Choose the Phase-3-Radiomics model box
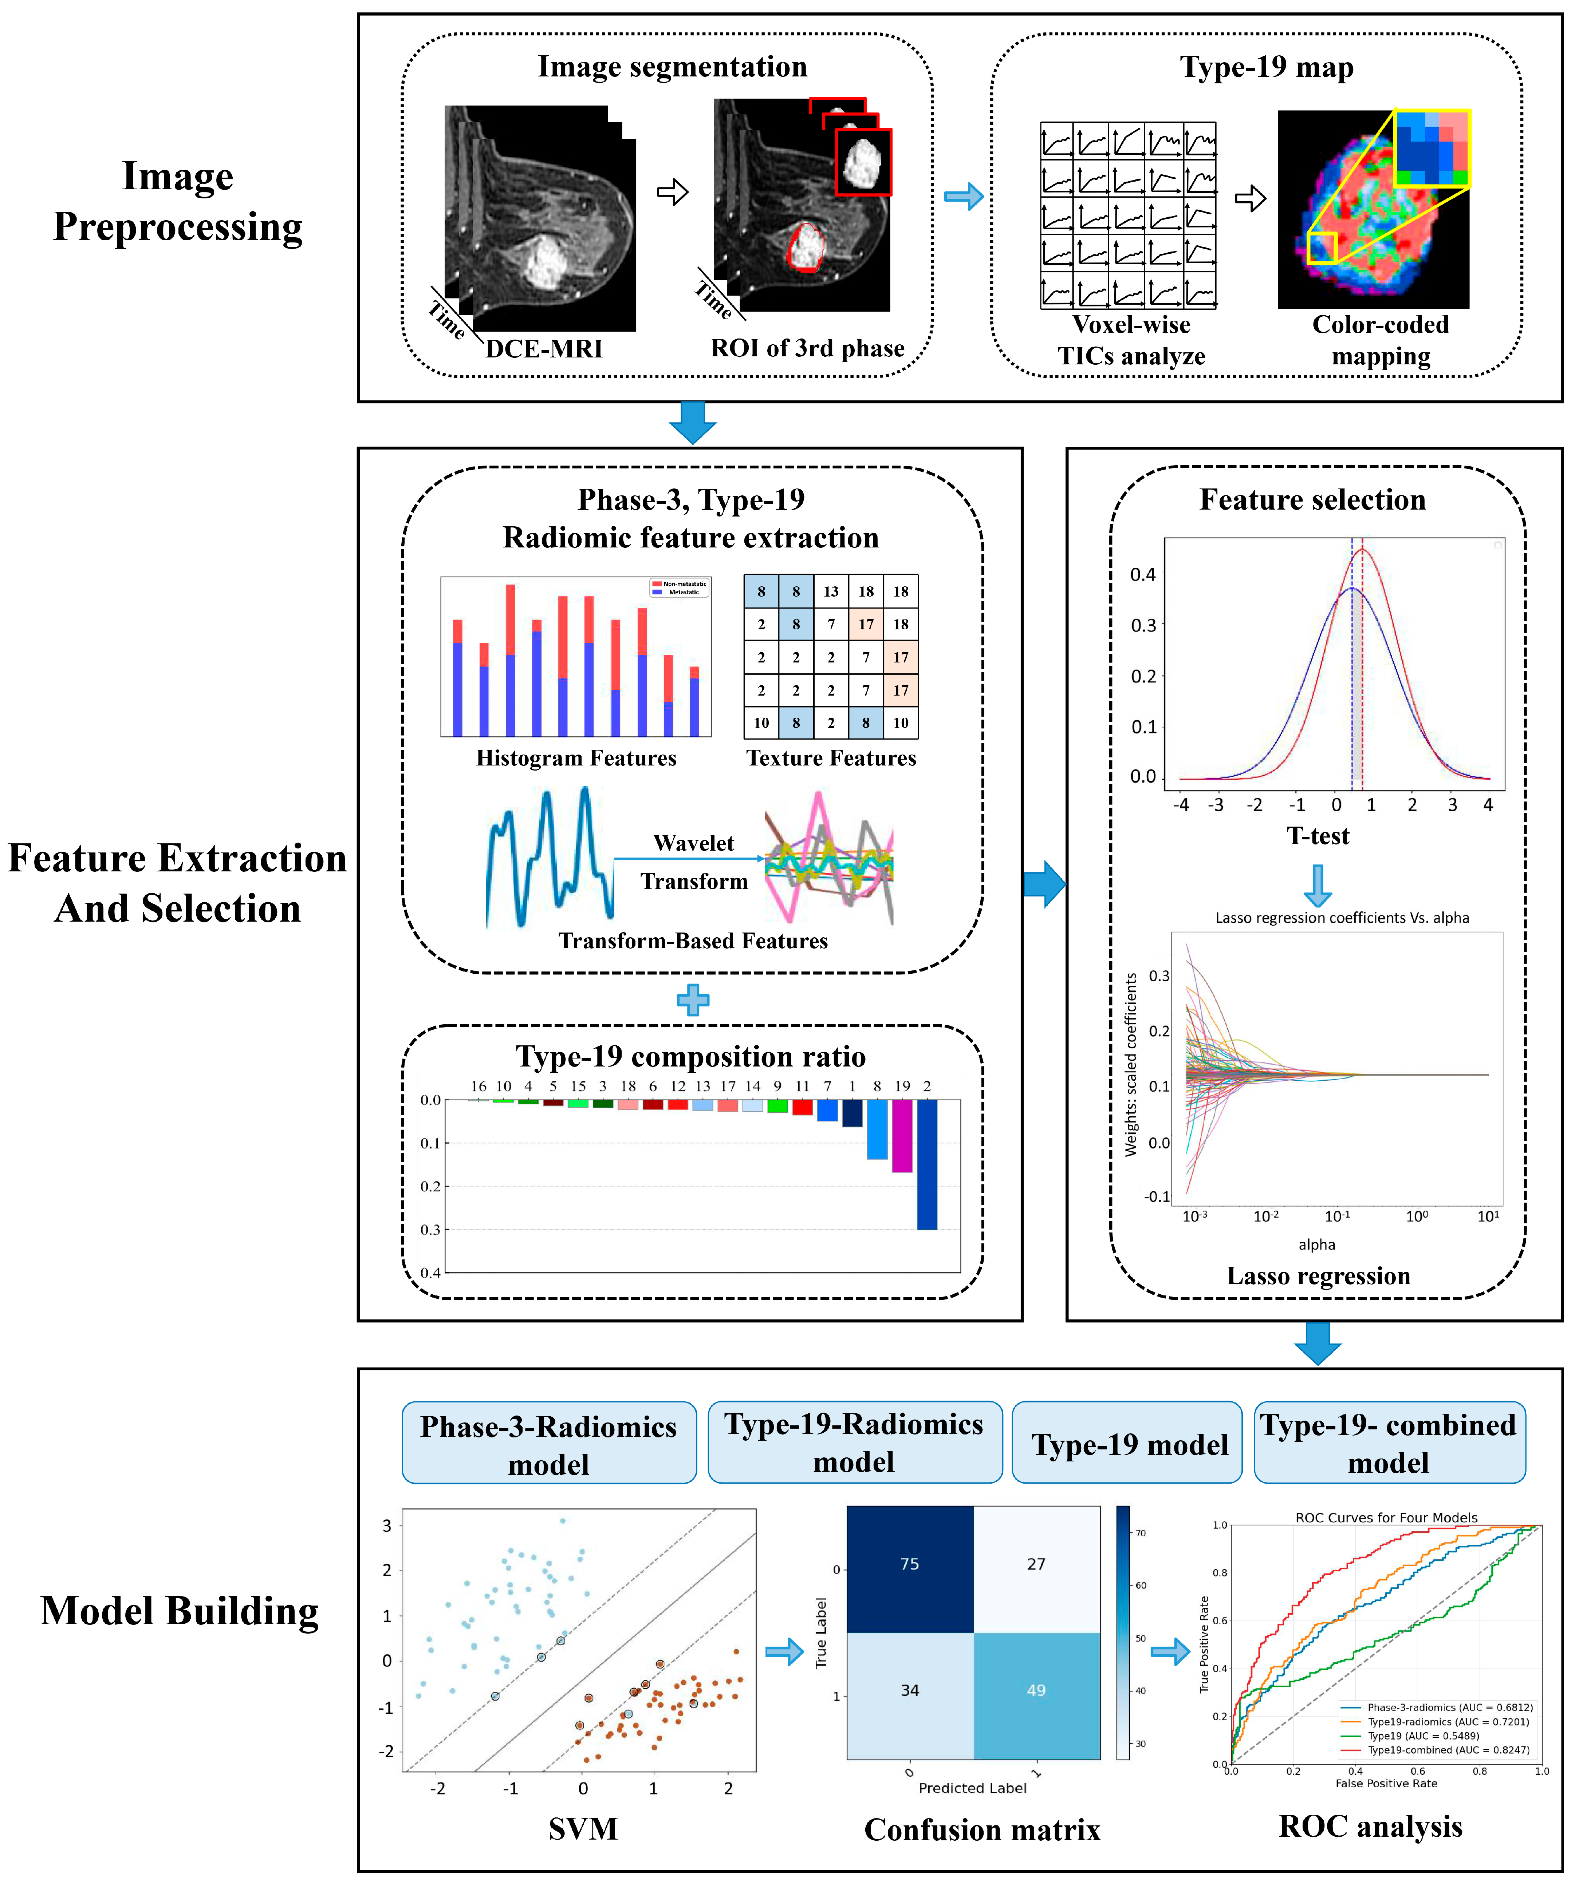pos(548,1444)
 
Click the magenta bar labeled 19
pos(902,1136)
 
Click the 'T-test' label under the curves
pos(1318,836)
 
